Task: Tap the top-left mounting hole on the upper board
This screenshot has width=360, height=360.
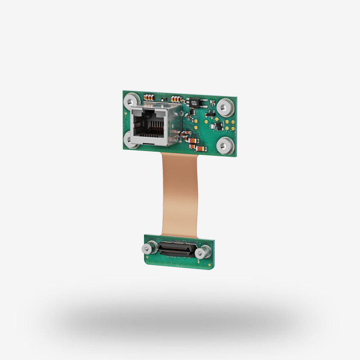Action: pos(132,99)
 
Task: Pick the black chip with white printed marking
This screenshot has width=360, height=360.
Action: pos(193,102)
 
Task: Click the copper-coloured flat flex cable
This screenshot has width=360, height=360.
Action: pos(180,193)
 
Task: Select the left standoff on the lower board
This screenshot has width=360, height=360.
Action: pos(150,247)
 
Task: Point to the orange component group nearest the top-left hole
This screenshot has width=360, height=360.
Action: pos(148,97)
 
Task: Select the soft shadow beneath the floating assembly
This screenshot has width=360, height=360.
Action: pos(180,319)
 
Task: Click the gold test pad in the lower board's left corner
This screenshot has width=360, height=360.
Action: pos(147,258)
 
